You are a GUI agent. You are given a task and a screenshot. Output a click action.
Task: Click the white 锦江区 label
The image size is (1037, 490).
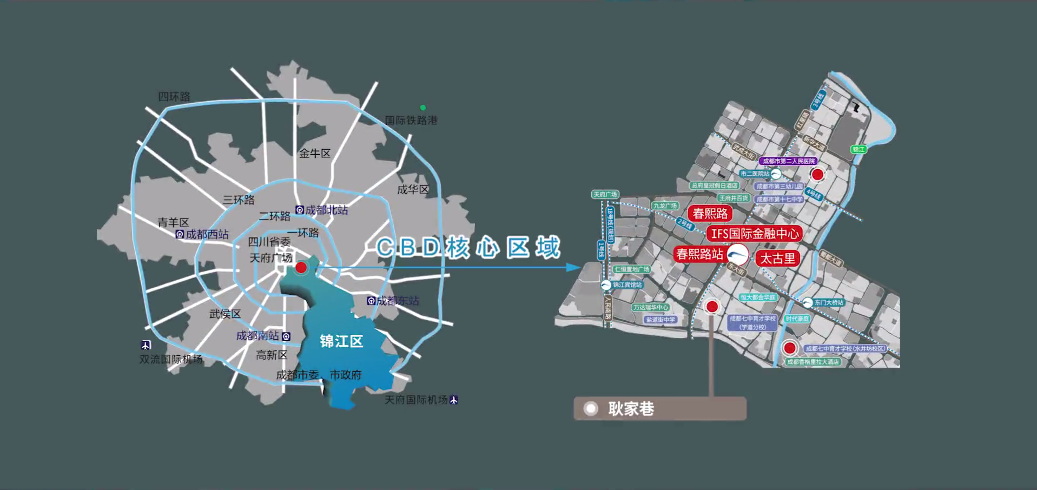click(341, 341)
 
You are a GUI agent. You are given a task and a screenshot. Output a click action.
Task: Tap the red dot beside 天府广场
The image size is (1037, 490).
click(301, 267)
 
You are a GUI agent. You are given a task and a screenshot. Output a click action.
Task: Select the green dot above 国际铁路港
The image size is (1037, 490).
click(423, 108)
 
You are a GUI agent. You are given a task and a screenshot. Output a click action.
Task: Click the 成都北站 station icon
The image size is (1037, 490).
click(300, 210)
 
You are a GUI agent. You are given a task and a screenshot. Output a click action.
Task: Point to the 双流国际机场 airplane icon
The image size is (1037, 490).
click(146, 345)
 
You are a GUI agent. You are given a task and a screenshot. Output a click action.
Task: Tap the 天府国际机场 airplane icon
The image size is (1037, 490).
click(454, 400)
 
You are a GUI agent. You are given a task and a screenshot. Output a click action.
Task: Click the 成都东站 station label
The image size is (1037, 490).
click(398, 301)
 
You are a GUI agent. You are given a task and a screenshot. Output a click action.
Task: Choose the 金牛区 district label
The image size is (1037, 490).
click(315, 154)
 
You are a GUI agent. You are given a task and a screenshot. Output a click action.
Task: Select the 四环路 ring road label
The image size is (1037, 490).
click(174, 96)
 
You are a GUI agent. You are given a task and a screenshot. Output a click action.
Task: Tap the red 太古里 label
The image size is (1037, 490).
click(777, 259)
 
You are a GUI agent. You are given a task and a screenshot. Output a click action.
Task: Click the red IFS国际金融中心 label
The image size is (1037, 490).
click(755, 234)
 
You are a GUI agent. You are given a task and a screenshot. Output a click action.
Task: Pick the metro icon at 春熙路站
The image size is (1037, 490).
click(738, 254)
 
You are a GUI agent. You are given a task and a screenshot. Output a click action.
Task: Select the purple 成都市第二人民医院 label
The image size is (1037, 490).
click(788, 161)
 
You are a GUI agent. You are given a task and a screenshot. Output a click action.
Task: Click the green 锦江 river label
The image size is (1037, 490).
click(858, 149)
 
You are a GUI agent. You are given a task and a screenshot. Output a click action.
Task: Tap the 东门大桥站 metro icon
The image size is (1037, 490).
click(808, 303)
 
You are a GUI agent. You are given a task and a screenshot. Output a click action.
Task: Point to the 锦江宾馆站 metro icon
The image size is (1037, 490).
click(606, 285)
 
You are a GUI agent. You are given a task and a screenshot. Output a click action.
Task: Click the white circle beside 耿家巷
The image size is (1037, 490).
click(591, 408)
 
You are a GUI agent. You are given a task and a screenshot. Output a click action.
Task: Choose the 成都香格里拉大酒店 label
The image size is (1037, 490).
click(813, 362)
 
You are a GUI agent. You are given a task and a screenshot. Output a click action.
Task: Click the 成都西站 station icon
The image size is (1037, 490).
click(180, 234)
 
